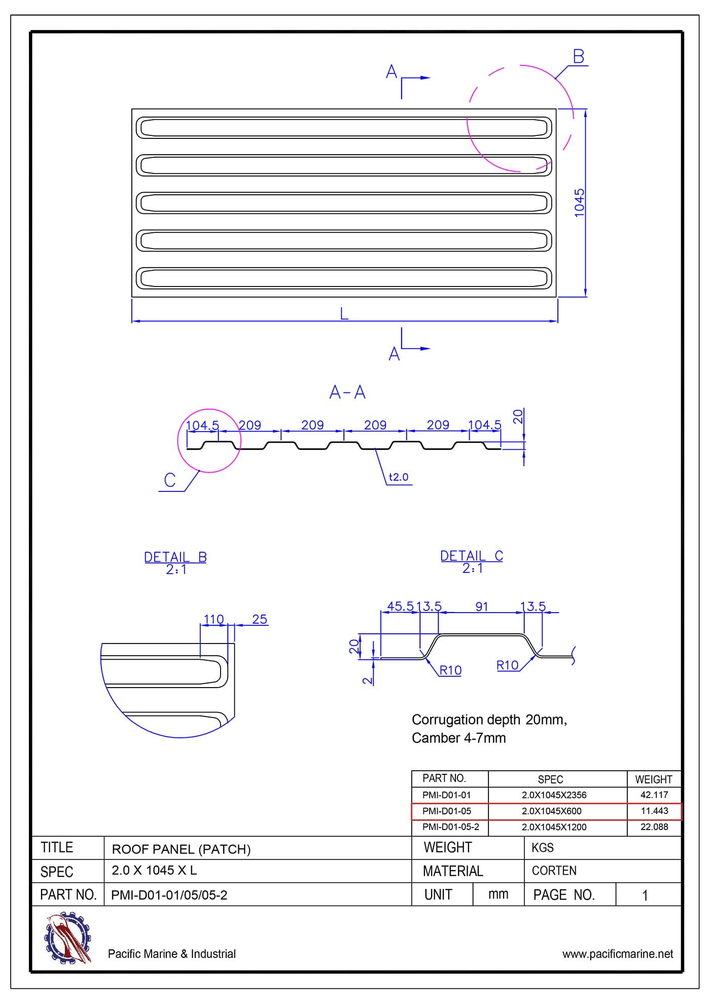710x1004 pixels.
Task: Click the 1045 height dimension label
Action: pos(579,203)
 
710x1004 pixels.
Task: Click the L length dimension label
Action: pos(344,314)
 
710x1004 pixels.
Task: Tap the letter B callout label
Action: pos(578,56)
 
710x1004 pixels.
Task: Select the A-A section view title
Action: pos(347,392)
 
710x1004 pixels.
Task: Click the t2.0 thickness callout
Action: pos(398,477)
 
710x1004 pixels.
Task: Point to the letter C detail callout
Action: pos(170,480)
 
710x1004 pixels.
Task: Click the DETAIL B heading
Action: pos(175,557)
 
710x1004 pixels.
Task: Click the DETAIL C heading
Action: pos(472,556)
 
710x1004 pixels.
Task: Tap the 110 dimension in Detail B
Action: pos(214,619)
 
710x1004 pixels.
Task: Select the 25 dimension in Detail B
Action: pos(260,619)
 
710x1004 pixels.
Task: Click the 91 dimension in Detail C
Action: pos(482,606)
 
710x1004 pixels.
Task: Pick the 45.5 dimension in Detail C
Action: pos(400,606)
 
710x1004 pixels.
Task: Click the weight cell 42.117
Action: pos(654,795)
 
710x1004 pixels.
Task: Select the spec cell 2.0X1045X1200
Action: pos(554,827)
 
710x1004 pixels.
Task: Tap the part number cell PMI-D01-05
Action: pos(446,811)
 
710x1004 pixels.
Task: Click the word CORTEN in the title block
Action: pos(554,871)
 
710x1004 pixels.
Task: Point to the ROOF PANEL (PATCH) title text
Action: pos(181,849)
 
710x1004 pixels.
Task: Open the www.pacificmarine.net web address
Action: pos(617,954)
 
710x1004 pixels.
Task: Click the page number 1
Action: pos(645,895)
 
